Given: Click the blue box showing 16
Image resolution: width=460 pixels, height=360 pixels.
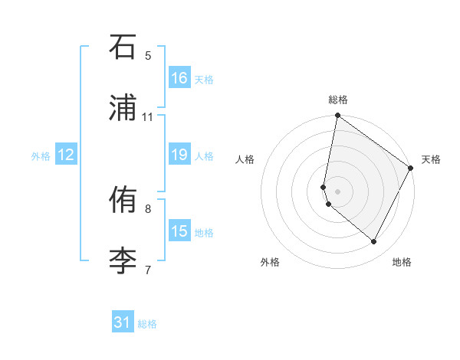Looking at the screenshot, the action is point(179,78).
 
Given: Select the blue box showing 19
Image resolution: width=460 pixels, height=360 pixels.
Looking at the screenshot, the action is point(179,155).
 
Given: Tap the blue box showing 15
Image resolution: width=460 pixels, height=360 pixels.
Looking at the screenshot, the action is point(179,231).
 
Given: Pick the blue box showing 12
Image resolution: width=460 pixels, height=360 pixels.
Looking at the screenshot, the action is point(66,155).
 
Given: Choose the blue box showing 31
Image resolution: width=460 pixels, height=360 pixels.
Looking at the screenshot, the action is point(123,322).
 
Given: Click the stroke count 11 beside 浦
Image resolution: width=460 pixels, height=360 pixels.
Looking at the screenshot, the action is point(148,117).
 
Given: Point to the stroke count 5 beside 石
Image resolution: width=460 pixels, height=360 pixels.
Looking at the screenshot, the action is point(148,55).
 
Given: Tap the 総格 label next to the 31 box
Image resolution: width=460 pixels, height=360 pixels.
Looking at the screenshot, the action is point(147,324).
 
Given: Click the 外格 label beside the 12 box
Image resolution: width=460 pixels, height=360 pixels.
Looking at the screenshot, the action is point(41,156).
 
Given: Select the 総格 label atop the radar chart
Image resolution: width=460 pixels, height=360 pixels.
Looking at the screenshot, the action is point(338,100).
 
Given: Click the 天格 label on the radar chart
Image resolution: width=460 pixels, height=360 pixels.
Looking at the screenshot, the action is point(431,159).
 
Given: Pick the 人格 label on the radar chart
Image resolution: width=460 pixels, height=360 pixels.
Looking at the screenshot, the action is point(245,159).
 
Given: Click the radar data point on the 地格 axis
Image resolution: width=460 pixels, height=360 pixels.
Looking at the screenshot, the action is point(374,242).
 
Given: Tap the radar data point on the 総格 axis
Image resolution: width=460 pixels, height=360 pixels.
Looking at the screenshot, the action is point(337,116).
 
